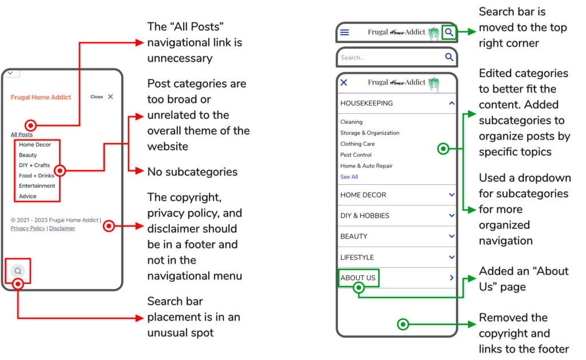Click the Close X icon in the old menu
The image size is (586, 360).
[x=110, y=97]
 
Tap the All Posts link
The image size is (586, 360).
[x=22, y=134]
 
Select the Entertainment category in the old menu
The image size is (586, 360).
[x=37, y=186]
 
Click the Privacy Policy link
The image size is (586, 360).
[x=27, y=228]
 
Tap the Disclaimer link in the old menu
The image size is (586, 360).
[x=62, y=228]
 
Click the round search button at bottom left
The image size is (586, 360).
[x=18, y=271]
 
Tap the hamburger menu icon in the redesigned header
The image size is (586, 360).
[x=345, y=33]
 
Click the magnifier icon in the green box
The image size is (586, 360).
[x=449, y=33]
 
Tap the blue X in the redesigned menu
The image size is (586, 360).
[x=344, y=82]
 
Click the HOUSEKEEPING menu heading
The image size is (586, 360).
[x=367, y=104]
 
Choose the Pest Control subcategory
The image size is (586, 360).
[x=356, y=155]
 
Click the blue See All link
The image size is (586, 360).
[x=349, y=177]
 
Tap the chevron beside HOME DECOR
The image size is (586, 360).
[x=452, y=195]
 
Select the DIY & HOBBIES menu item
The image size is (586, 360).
[x=365, y=216]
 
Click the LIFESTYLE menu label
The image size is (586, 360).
[x=357, y=258]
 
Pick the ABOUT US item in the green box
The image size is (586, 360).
[x=358, y=278]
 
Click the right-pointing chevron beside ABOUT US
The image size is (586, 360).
[x=452, y=278]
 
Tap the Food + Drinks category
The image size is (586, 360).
[x=37, y=176]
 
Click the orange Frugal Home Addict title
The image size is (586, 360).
[x=41, y=97]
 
